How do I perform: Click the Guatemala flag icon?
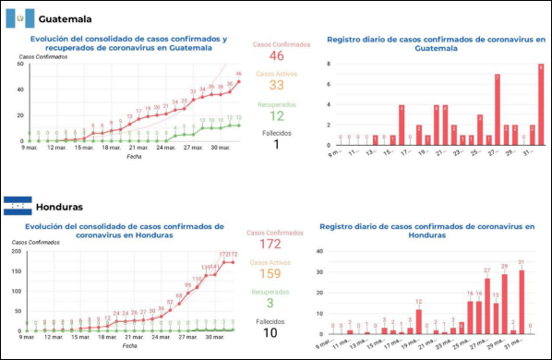tap(19, 18)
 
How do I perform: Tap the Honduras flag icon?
tap(18, 206)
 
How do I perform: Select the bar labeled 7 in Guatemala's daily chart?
tap(497, 110)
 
